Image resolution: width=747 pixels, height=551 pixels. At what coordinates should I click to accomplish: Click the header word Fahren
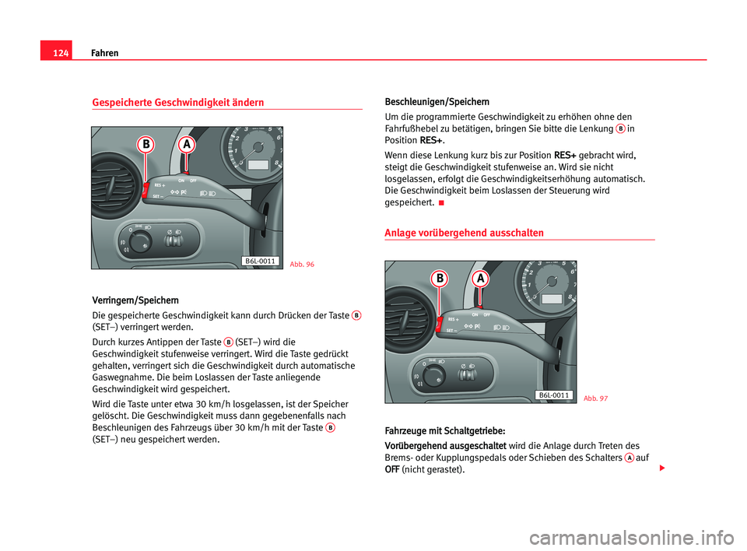(104, 53)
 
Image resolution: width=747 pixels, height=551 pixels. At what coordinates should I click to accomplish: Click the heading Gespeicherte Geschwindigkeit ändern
(177, 103)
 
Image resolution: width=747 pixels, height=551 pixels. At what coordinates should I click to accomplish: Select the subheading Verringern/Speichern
(135, 300)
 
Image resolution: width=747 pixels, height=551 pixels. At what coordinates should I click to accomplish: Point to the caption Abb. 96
(302, 265)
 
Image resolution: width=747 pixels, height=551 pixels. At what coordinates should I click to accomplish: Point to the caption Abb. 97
(595, 398)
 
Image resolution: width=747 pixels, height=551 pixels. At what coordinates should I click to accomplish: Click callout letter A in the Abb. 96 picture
(186, 145)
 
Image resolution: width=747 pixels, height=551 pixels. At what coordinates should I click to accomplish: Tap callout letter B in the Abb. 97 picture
(440, 278)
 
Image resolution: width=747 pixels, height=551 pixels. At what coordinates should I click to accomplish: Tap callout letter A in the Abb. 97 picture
(480, 278)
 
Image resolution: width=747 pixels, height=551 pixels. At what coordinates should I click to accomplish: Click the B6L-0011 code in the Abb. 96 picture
(260, 261)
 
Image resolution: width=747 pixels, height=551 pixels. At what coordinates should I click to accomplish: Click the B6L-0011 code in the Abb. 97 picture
(554, 395)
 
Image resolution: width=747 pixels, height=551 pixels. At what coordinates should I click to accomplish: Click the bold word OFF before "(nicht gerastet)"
(393, 470)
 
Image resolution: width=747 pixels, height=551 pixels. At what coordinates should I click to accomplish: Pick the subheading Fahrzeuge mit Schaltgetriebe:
(445, 430)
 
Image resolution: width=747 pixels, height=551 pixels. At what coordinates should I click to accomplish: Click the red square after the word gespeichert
(441, 204)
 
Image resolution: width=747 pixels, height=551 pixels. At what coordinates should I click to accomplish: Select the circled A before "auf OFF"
(628, 457)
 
